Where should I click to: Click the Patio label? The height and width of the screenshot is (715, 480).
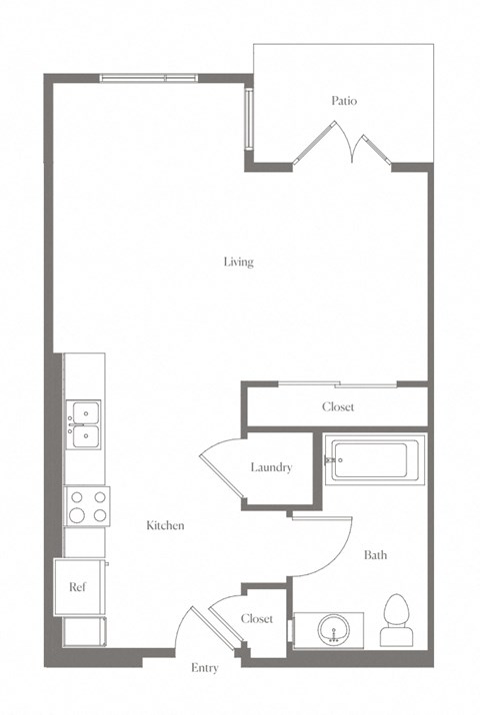[x=344, y=100]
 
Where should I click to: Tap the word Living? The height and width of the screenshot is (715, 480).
[x=238, y=262]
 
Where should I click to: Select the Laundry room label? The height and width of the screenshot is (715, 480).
[x=271, y=467]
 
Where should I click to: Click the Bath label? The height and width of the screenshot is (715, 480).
[x=375, y=554]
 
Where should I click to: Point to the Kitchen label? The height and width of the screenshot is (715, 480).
[x=165, y=525]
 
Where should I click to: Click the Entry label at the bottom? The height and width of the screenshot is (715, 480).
[x=205, y=668]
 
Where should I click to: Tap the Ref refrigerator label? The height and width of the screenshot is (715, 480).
[x=77, y=586]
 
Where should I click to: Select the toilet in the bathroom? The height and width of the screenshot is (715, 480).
[x=397, y=620]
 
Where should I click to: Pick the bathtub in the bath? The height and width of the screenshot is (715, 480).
[x=375, y=460]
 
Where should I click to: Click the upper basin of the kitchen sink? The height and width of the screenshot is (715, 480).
[x=86, y=413]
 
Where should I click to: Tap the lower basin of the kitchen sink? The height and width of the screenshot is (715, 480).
[x=86, y=436]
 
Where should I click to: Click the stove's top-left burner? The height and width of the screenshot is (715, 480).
[x=77, y=497]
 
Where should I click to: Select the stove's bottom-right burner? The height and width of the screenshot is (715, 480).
[x=100, y=515]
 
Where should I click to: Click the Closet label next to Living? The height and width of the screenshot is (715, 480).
[x=338, y=406]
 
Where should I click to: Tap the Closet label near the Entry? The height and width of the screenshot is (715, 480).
[x=257, y=619]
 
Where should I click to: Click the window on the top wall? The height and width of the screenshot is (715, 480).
[x=149, y=78]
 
